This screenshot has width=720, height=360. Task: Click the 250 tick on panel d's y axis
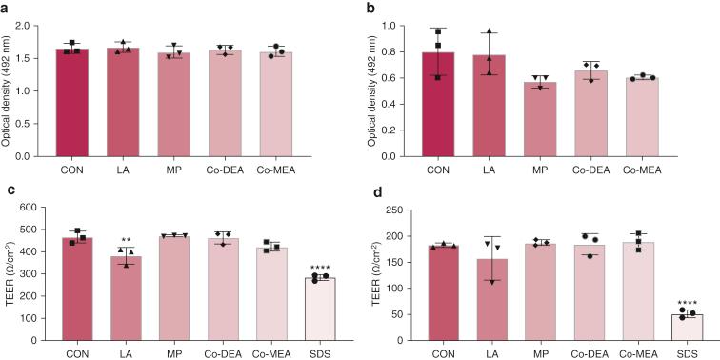[x=405, y=210]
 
